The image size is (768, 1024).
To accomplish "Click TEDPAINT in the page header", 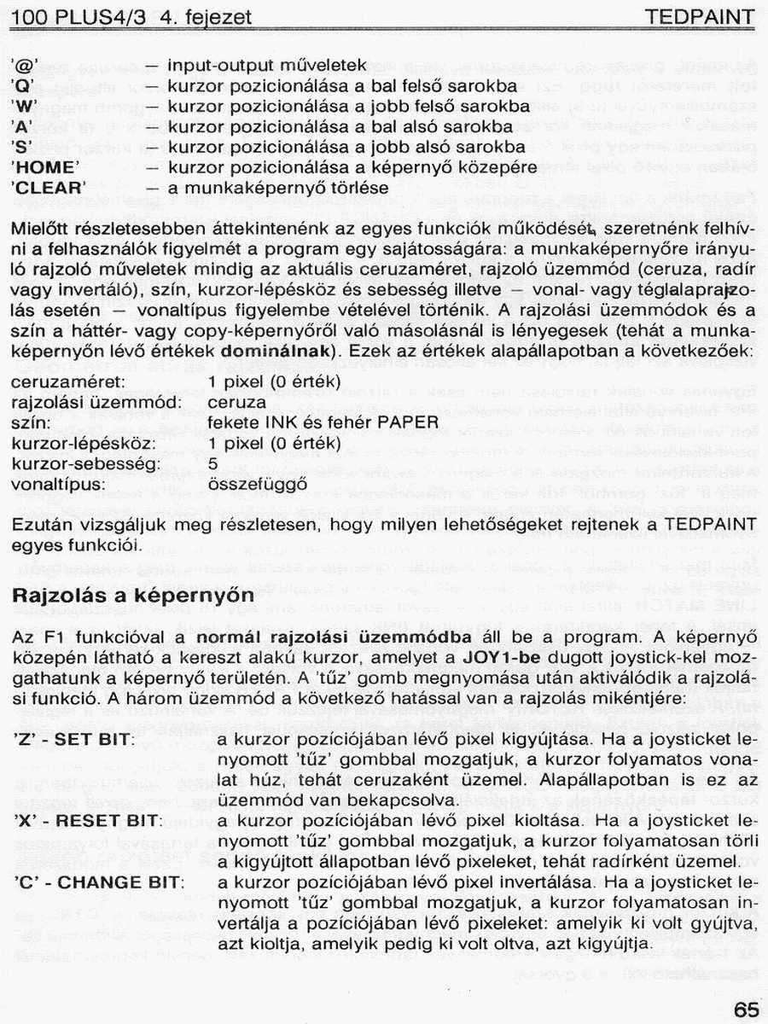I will (700, 17).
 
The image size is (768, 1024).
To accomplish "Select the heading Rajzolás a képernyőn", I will (133, 596).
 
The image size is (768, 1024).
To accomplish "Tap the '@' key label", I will (26, 65).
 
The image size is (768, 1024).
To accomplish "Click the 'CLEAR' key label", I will (49, 188).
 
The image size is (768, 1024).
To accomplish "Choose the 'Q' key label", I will (24, 86).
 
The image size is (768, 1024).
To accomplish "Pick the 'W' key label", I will (25, 107).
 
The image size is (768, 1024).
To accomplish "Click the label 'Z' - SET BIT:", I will (73, 738).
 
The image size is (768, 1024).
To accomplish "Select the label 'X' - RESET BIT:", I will (88, 820).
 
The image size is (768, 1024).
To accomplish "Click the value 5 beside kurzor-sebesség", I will (212, 463).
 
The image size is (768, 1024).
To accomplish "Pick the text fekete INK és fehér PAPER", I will (323, 422).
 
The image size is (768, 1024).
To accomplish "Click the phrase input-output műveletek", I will (266, 65).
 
